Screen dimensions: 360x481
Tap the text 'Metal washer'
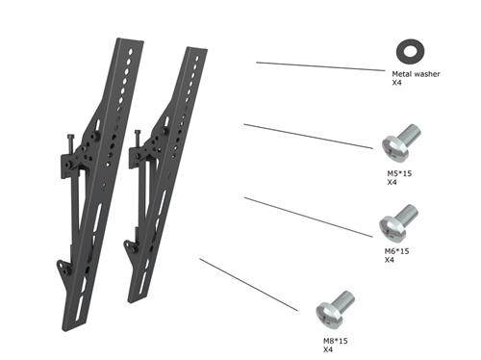[416, 73]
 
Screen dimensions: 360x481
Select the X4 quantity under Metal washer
[396, 84]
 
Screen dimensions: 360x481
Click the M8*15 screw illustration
[336, 307]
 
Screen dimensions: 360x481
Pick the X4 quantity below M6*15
[390, 261]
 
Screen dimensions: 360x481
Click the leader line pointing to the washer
[317, 66]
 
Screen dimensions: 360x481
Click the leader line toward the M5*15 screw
[308, 136]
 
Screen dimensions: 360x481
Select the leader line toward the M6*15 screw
[308, 218]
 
